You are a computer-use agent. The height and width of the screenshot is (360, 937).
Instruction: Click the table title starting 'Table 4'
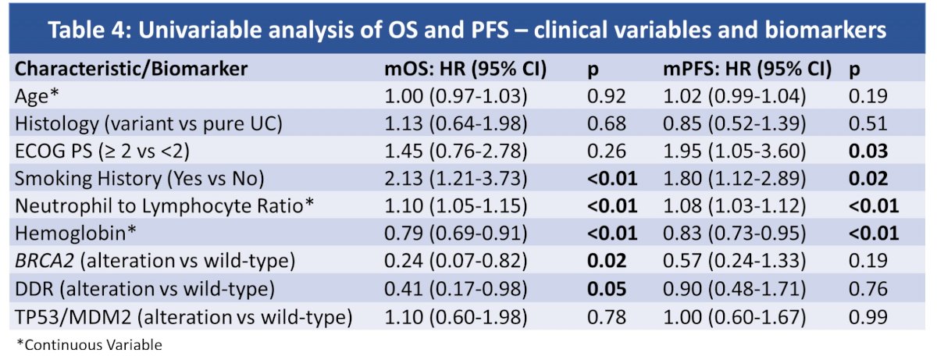467,30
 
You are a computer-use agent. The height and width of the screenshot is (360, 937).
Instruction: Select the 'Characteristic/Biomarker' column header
131,69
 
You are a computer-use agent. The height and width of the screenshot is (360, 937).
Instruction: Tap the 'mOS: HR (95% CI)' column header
465,69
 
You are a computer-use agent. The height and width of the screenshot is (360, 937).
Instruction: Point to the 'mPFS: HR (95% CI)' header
747,69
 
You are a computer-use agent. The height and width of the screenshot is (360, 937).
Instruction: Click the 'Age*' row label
37,96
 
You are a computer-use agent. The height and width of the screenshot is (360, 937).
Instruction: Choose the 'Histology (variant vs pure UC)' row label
148,123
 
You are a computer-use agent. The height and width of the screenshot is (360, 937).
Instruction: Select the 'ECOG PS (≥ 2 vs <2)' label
102,151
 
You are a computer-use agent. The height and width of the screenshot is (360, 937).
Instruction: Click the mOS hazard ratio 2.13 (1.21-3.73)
455,179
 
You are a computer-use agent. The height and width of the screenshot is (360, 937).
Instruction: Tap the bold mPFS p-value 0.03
868,151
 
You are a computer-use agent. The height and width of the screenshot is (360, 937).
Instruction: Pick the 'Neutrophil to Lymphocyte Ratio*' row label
164,205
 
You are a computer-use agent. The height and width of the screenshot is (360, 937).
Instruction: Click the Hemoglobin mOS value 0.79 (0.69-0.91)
455,233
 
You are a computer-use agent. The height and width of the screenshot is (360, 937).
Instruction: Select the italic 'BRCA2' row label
45,261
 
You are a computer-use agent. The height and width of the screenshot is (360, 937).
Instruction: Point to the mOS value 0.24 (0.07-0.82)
455,261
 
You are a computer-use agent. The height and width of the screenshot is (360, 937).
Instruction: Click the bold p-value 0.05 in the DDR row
607,289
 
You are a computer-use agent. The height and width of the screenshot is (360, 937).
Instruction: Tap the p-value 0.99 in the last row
868,317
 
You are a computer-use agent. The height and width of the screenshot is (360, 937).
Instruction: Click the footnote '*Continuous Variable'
89,345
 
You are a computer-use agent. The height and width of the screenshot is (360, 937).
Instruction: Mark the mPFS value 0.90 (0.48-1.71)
734,289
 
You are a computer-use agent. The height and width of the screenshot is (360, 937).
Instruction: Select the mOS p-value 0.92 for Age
607,96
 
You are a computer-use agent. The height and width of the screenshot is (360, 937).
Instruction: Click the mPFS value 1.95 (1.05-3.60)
734,151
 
